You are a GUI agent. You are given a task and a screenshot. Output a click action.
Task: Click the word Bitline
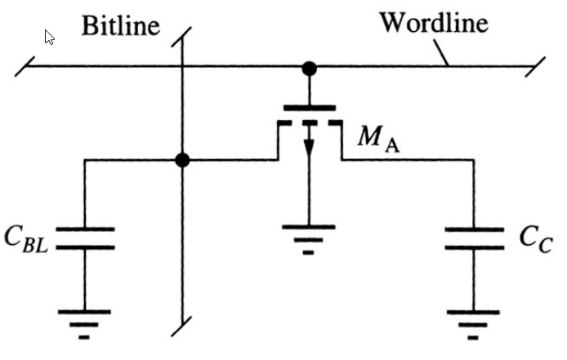tap(119, 25)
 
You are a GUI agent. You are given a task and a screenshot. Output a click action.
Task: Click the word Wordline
tap(433, 23)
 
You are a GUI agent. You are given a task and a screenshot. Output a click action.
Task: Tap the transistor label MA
tap(377, 141)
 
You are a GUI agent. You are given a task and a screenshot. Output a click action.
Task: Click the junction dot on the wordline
tap(309, 69)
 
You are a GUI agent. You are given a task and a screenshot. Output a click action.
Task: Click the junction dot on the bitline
tap(183, 160)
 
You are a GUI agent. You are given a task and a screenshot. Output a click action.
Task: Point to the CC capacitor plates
tap(474, 238)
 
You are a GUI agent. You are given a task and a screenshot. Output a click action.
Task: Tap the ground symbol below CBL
tap(85, 320)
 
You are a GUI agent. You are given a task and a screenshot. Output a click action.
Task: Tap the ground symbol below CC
tap(474, 320)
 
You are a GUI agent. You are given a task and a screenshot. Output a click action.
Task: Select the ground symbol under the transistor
tap(309, 235)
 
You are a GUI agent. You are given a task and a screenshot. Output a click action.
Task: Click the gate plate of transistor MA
tap(309, 106)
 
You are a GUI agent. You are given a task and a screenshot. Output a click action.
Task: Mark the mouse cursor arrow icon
tap(50, 38)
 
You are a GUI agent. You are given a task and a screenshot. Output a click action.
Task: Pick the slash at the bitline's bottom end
tap(183, 324)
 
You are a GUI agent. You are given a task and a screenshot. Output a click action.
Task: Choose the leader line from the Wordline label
tap(442, 53)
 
